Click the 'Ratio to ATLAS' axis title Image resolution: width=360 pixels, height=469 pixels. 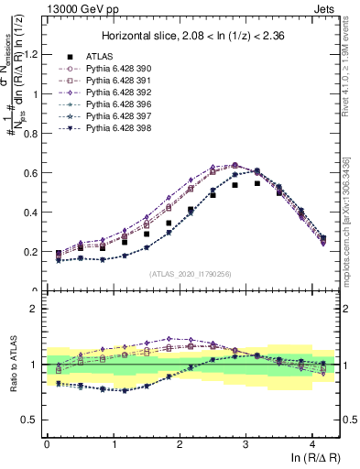tap(12, 365)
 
